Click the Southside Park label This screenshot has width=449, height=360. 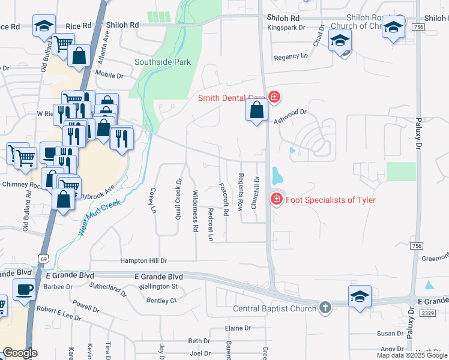162,62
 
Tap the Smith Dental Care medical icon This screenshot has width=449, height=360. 274,97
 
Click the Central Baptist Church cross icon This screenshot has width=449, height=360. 325,308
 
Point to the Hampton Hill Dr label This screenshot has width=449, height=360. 143,261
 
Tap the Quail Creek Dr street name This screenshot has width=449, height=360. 178,190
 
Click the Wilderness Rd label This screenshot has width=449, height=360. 195,211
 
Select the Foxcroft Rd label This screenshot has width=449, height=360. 224,199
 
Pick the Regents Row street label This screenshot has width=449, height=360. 240,192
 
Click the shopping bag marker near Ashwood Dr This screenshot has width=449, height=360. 256,111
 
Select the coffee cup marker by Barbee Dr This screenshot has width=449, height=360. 25,290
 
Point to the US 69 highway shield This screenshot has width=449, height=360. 43,257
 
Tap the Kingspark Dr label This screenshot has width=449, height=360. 287,28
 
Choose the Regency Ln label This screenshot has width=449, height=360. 291,56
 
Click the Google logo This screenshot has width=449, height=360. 20,353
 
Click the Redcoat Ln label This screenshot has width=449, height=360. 210,224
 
